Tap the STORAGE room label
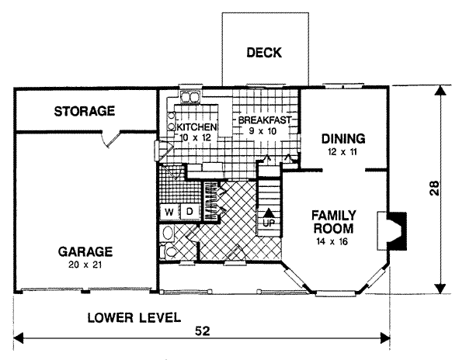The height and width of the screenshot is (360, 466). click(85, 111)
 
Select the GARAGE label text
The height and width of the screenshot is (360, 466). click(85, 251)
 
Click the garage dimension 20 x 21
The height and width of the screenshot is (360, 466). click(85, 265)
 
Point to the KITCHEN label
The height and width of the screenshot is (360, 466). click(196, 127)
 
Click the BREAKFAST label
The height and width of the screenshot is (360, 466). click(265, 120)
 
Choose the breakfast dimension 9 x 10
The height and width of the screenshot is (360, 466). click(263, 131)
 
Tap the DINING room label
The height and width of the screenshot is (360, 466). click(343, 139)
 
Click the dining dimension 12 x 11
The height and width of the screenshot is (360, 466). click(343, 152)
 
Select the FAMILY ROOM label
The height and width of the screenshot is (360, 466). click(334, 222)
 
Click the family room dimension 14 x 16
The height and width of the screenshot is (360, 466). click(332, 242)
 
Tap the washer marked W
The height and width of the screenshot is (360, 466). click(169, 213)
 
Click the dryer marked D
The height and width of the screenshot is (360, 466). click(190, 212)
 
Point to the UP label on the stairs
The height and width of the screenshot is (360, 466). click(269, 223)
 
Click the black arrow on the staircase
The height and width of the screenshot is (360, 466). click(269, 213)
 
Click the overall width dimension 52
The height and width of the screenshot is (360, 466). click(203, 331)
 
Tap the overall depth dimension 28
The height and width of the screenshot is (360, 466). click(434, 188)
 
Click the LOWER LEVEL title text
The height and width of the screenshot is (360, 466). click(134, 318)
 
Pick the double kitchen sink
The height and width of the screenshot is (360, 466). click(190, 97)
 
